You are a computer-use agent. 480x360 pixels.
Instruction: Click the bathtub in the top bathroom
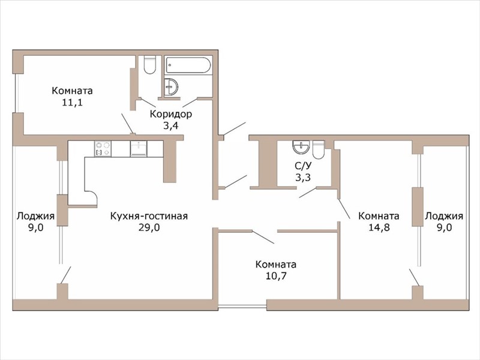[x=188, y=65]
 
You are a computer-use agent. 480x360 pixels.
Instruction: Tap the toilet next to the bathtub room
[x=150, y=65]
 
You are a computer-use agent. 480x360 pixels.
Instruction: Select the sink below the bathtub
[x=170, y=87]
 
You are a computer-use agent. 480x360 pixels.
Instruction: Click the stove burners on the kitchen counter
[x=103, y=149]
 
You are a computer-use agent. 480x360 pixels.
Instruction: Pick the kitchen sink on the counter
[x=139, y=149]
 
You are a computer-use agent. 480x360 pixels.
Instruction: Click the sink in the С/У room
[x=302, y=146]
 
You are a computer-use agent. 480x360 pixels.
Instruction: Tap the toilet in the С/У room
[x=319, y=149]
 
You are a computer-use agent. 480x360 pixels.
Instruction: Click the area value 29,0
[x=149, y=227]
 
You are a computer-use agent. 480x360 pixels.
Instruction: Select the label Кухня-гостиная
[x=149, y=216]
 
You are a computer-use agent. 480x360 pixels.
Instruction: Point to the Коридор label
[x=171, y=114]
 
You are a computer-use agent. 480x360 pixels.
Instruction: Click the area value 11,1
[x=72, y=102]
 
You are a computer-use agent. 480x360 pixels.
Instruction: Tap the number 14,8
[x=379, y=227]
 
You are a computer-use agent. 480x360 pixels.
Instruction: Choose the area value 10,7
[x=276, y=276]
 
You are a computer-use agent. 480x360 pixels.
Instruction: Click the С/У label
[x=303, y=166]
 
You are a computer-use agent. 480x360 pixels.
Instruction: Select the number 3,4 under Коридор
[x=170, y=125]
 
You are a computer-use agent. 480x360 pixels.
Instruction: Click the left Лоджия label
[x=35, y=216]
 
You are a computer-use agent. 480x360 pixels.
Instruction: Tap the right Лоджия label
[x=444, y=216]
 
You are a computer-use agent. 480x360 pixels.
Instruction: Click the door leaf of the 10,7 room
[x=263, y=237]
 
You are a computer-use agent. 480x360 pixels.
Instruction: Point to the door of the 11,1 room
[x=127, y=124]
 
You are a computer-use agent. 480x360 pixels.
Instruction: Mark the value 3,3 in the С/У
[x=303, y=177]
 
